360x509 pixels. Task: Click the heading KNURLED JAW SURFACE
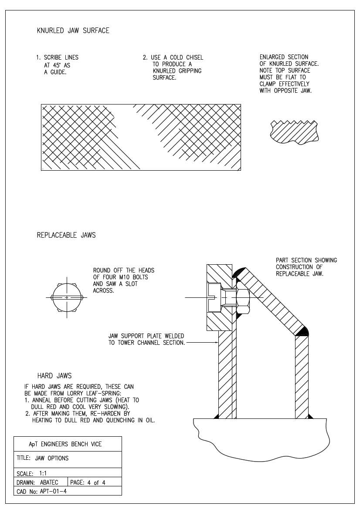click(73, 30)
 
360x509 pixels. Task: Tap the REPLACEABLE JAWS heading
click(66, 235)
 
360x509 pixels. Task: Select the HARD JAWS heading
click(54, 376)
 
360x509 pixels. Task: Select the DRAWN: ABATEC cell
click(40, 482)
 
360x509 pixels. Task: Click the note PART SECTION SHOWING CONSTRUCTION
click(306, 267)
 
